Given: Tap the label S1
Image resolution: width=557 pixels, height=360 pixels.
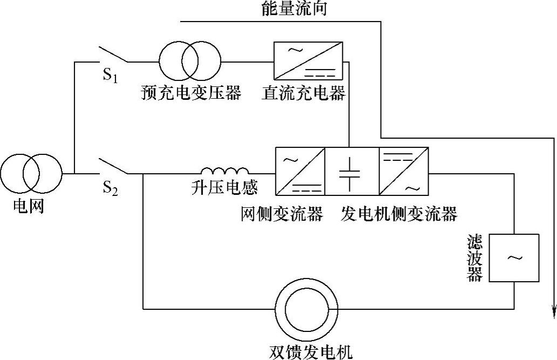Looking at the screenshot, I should [110, 76].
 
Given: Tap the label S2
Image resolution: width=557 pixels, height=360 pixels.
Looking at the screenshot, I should [110, 188].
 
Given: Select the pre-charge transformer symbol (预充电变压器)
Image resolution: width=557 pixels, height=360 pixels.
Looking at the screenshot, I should [190, 62].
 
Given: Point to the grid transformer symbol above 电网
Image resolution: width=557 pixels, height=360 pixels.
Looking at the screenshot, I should [31, 174].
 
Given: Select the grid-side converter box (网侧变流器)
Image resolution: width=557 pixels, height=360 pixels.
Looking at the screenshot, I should [301, 171].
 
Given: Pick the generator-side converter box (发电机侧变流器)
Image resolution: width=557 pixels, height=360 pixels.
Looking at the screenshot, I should [404, 171].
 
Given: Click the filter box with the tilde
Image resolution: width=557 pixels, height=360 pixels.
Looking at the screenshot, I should [514, 258].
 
